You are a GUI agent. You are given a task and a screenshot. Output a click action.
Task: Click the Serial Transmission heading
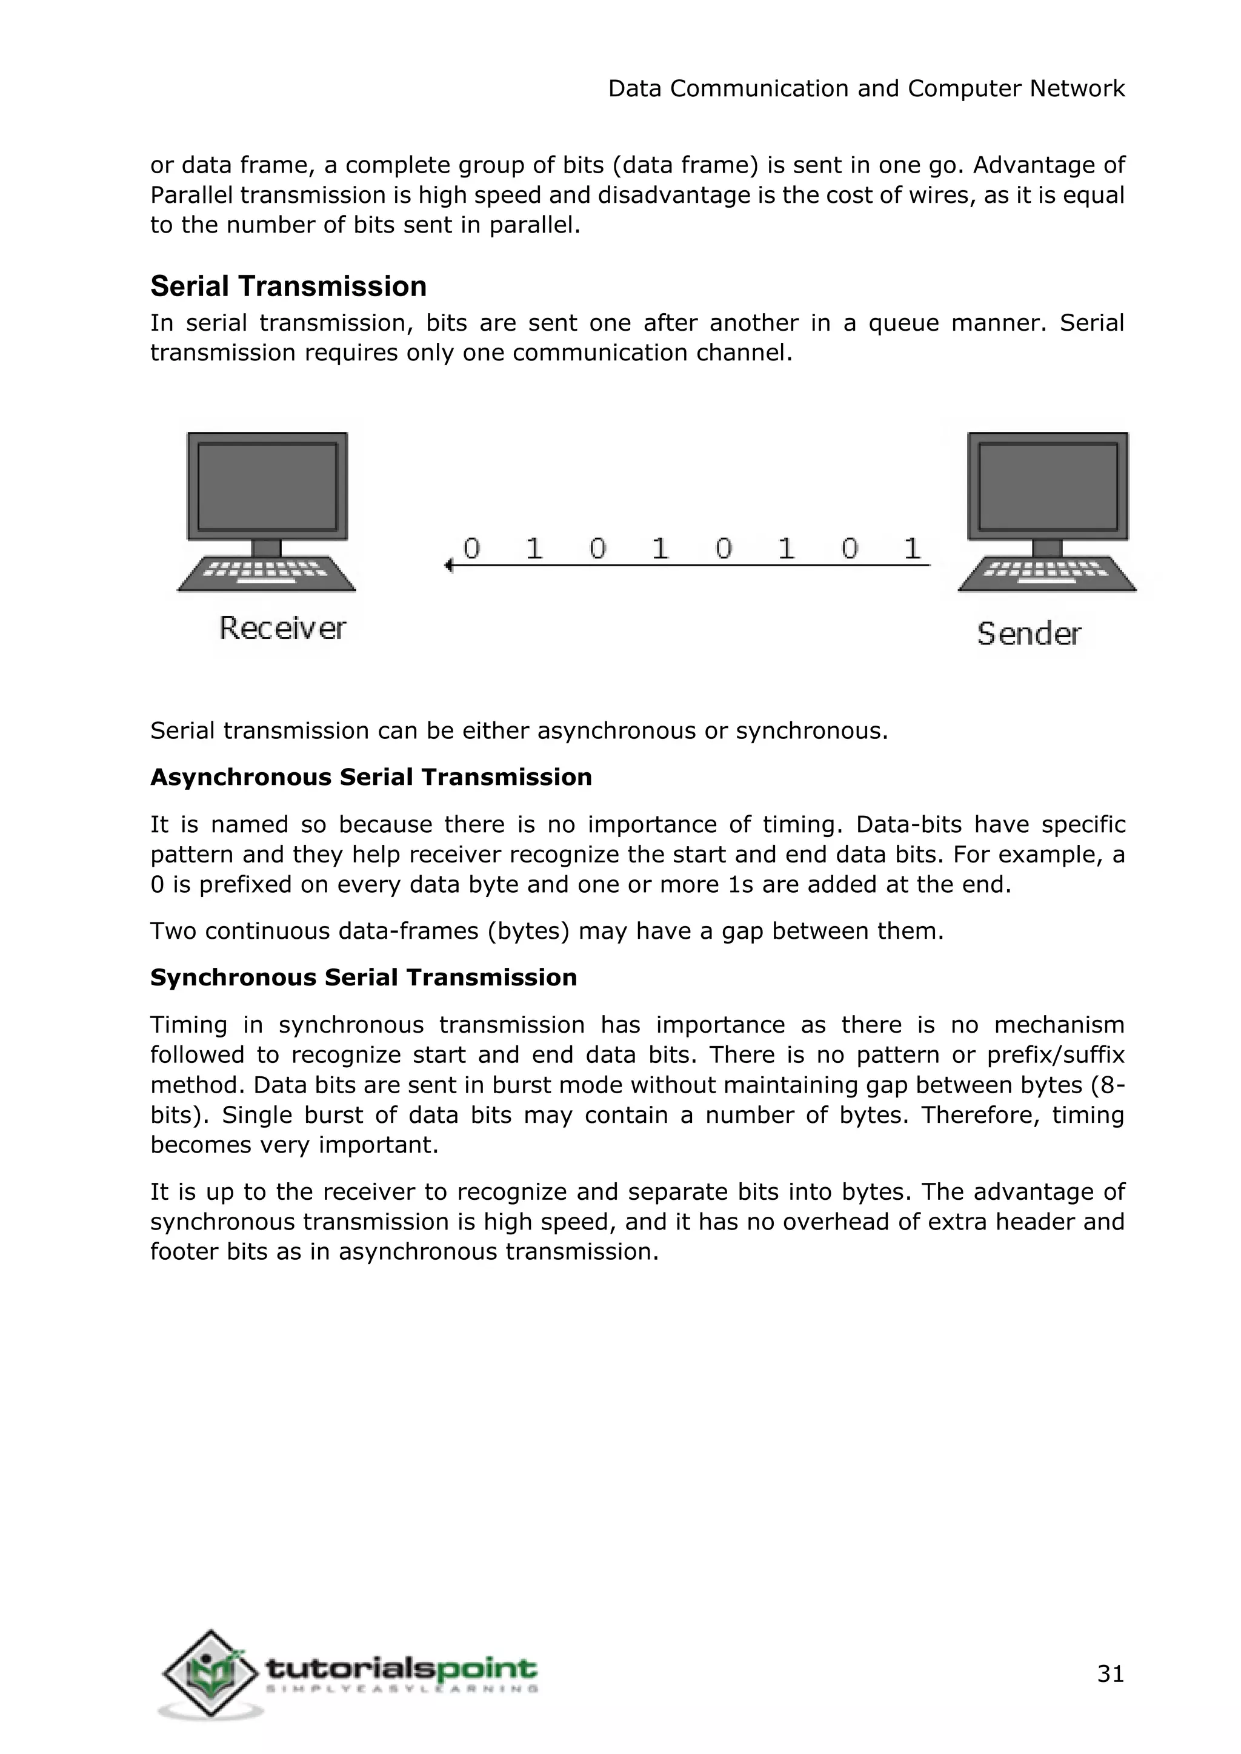pos(288,286)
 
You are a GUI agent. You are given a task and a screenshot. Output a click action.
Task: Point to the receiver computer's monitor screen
pos(267,486)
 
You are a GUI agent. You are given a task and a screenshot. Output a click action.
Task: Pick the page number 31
pos(1110,1674)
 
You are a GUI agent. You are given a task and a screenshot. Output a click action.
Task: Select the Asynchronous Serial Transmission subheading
pos(371,777)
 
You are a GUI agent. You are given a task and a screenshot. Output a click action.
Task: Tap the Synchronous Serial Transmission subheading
pos(363,977)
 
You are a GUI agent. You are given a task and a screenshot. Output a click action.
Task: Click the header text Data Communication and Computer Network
pos(866,88)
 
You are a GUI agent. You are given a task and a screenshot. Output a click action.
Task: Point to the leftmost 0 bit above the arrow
pos(471,548)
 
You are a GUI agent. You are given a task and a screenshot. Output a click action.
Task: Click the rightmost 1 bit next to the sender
pos(911,548)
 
